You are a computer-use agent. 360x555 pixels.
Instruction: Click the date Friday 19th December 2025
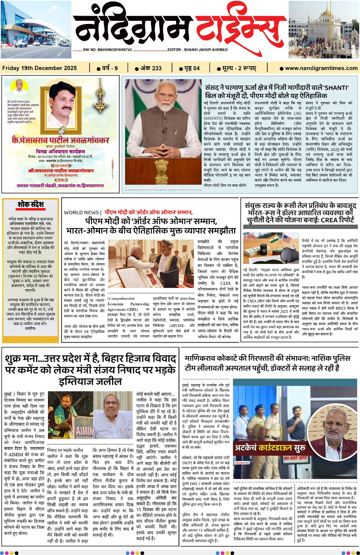(x=40, y=68)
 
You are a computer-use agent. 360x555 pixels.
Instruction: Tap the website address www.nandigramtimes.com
(x=321, y=68)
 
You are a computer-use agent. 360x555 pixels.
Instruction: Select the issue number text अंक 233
(x=151, y=68)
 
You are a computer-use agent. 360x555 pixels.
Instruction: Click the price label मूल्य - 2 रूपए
(x=239, y=68)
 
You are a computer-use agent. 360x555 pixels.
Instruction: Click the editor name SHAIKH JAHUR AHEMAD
(x=206, y=50)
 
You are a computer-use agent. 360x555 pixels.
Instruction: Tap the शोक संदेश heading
(x=30, y=204)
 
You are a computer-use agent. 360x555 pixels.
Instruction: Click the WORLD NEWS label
(x=81, y=212)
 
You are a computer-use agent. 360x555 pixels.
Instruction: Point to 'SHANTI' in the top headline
(x=336, y=88)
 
